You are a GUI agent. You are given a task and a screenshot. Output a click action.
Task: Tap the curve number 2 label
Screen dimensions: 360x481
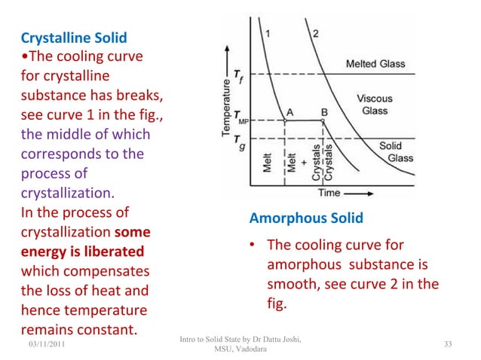315,32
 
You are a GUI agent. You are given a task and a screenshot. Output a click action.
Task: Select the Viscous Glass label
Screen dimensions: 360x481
374,105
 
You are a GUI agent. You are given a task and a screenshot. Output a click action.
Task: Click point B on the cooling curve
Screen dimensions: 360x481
323,111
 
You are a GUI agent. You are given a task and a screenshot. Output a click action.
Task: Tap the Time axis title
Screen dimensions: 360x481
329,193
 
